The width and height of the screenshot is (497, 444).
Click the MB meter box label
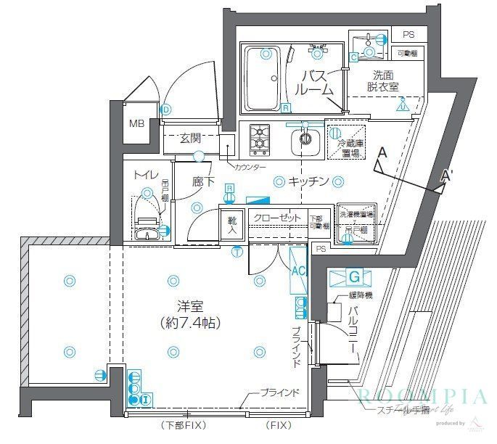pos(137,123)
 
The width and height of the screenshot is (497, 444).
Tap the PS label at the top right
pos(408,35)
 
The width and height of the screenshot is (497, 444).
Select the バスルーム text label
pos(316,83)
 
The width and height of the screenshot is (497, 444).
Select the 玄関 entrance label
pos(190,138)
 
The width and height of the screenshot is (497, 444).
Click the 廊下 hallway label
pos(203,181)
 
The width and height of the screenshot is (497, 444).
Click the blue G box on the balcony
pos(354,277)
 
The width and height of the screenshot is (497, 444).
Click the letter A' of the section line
pos(448,176)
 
